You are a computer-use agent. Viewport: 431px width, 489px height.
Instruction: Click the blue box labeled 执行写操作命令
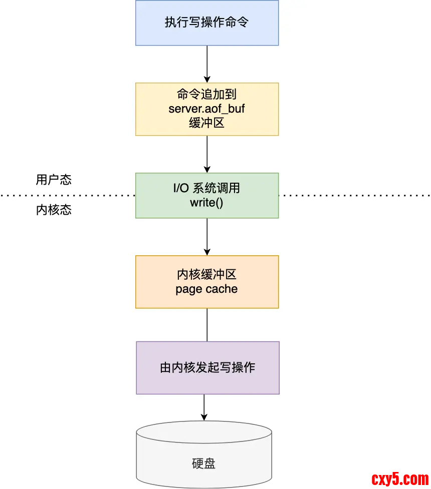(207, 23)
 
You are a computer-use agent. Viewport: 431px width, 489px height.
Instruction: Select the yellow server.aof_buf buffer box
(207, 109)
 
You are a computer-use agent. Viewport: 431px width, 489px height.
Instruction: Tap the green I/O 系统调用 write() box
(207, 195)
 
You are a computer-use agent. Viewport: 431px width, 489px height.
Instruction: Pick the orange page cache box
(207, 282)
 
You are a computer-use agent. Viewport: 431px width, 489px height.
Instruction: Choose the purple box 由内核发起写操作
(207, 367)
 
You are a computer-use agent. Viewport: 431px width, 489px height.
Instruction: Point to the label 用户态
(54, 180)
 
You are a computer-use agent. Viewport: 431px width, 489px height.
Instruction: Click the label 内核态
(54, 210)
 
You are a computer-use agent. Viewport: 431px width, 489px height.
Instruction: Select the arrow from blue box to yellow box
(207, 64)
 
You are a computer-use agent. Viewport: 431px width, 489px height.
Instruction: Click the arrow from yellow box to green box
(207, 154)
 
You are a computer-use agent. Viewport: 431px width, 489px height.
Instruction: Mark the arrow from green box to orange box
(207, 237)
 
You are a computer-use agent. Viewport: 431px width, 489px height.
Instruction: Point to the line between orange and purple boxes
(207, 325)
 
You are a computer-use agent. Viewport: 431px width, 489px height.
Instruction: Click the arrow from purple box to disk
(204, 407)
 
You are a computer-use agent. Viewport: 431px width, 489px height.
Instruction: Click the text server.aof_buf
(207, 109)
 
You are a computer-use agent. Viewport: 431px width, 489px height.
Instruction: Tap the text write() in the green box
(206, 203)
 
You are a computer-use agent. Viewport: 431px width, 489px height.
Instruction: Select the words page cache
(206, 289)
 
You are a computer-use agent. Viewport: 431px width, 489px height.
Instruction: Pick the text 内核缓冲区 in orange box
(206, 274)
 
